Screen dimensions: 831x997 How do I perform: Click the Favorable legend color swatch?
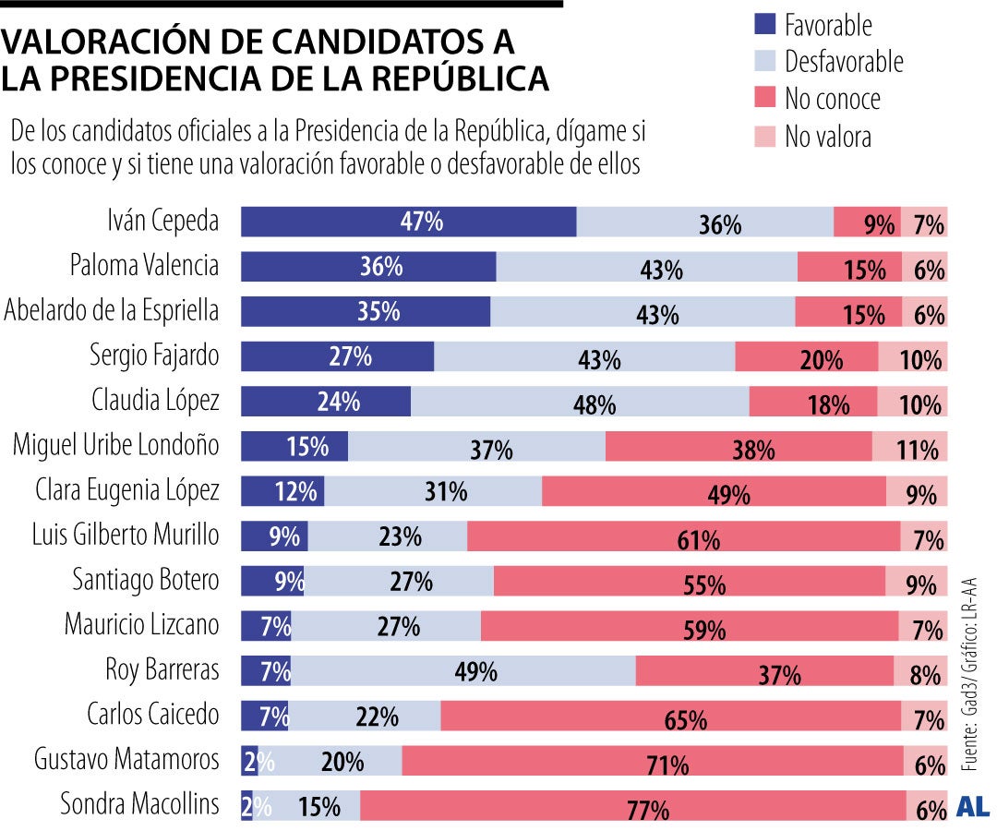coord(765,25)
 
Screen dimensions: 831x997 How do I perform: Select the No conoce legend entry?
coord(832,99)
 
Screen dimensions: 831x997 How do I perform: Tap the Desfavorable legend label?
coord(843,62)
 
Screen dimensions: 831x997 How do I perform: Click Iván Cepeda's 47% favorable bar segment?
coord(408,223)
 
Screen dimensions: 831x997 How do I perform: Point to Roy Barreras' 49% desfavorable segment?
coord(462,670)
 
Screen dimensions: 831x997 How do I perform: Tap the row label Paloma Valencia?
coord(145,266)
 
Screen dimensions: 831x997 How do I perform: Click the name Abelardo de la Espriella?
coord(112,311)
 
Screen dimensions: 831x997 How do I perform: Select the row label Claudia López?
coord(155,401)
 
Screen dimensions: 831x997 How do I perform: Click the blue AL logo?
coord(975,806)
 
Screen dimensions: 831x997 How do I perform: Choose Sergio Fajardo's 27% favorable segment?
coord(337,356)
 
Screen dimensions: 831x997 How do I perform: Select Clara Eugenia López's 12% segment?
coord(282,490)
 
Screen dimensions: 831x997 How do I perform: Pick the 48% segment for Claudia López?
coord(580,402)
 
